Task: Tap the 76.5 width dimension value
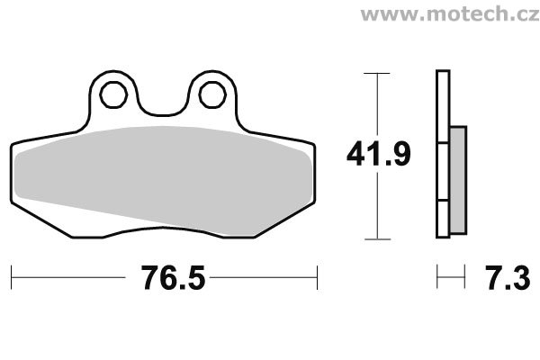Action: [173, 278]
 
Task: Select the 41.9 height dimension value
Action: [379, 154]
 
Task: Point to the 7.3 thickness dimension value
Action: [508, 278]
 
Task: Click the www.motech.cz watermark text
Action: [450, 13]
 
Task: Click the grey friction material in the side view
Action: [458, 180]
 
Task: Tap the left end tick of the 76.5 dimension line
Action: [12, 277]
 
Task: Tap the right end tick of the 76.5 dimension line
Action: [317, 277]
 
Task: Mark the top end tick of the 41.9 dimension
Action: [377, 74]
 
